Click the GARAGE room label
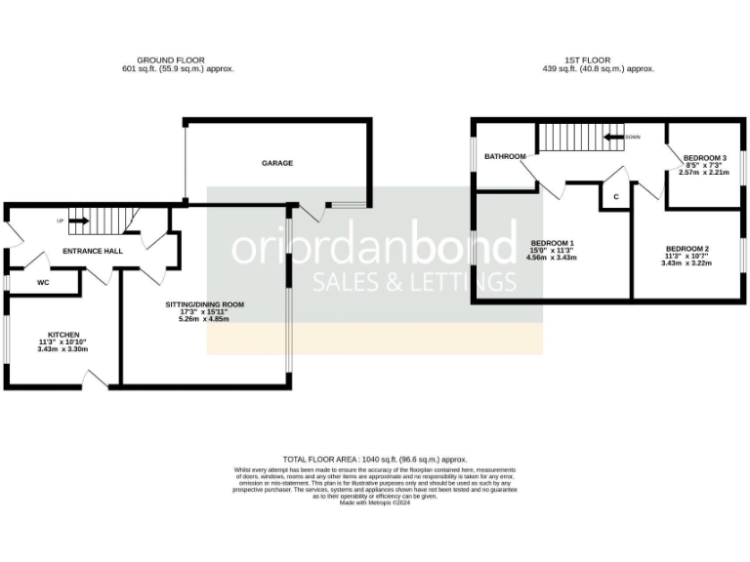[x=276, y=163]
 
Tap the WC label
[x=43, y=283]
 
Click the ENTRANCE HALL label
[x=92, y=252]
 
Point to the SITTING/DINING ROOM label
[x=204, y=304]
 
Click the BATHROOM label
[x=505, y=156]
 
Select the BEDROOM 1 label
[x=552, y=242]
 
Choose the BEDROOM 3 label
[x=704, y=158]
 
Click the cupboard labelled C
[x=615, y=197]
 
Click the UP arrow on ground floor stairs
[x=79, y=221]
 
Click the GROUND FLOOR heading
[x=171, y=60]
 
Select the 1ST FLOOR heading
[x=598, y=60]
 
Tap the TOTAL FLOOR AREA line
[x=375, y=459]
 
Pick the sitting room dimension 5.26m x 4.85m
[x=204, y=319]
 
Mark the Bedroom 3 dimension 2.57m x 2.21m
[x=704, y=173]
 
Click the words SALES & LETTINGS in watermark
[x=413, y=283]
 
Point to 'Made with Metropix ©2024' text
[x=375, y=502]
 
